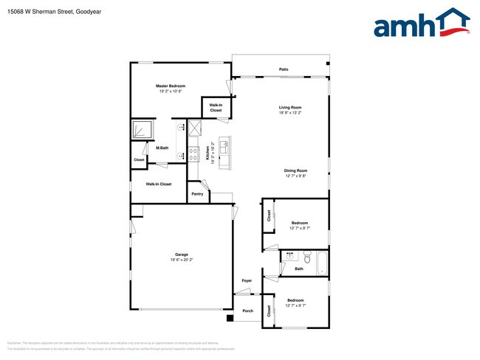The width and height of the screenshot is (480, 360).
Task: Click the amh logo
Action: (422, 24)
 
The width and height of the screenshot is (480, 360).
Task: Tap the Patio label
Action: (284, 69)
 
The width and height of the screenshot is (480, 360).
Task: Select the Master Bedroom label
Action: (171, 86)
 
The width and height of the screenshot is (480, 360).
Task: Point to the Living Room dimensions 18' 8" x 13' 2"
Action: (290, 113)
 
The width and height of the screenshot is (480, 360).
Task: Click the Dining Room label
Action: (295, 170)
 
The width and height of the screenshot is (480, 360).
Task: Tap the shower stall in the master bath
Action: (142, 130)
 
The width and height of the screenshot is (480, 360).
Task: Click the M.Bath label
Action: (162, 148)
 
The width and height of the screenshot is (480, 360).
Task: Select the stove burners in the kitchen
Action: (193, 155)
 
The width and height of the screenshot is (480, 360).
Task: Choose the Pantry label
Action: (197, 193)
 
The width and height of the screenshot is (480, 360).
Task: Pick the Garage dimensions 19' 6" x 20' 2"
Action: (182, 260)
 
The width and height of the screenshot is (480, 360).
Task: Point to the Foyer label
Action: (247, 281)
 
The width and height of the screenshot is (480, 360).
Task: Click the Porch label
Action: (248, 311)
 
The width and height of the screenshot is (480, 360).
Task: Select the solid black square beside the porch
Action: (230, 318)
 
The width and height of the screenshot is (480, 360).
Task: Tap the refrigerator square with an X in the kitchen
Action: (194, 129)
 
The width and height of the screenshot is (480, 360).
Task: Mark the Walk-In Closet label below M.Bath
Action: (159, 184)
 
